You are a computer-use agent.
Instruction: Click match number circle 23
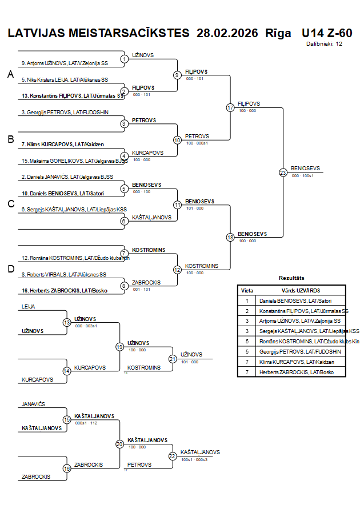coord(283,172)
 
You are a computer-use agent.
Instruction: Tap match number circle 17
coord(230,107)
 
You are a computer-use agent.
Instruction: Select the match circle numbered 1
coord(124,58)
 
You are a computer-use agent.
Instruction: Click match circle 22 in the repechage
coord(173,456)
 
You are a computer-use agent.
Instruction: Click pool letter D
coord(10,269)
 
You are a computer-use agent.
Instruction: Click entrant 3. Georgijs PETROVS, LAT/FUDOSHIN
coord(65,112)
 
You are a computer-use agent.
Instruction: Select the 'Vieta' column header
coord(247,290)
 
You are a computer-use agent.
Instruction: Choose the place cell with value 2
coord(247,311)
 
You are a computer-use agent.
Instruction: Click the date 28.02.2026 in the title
coord(227,33)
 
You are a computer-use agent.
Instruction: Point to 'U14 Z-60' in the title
coord(326,33)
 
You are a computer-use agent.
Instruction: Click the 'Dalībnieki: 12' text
coord(324,43)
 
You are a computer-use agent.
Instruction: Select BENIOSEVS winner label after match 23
coord(306,168)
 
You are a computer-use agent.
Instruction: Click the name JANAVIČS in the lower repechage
coord(34,404)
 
